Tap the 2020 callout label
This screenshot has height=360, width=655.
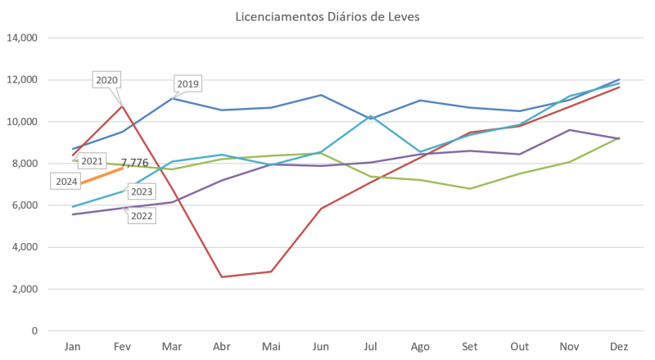click(x=107, y=79)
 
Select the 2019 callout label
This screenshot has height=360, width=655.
click(x=187, y=83)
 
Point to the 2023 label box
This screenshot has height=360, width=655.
click(x=142, y=191)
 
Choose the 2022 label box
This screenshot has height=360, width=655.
click(x=142, y=217)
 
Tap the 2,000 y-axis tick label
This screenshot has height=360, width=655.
click(x=25, y=289)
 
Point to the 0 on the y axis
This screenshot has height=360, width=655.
click(x=34, y=331)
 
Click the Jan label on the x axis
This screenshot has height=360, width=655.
click(x=72, y=347)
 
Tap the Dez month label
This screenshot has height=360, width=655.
click(x=619, y=347)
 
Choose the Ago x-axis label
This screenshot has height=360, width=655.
click(x=421, y=347)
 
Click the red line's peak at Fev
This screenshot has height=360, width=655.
click(x=122, y=105)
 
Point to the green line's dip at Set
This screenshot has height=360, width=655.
click(x=468, y=188)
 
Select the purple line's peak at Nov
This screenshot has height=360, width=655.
click(x=570, y=129)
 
